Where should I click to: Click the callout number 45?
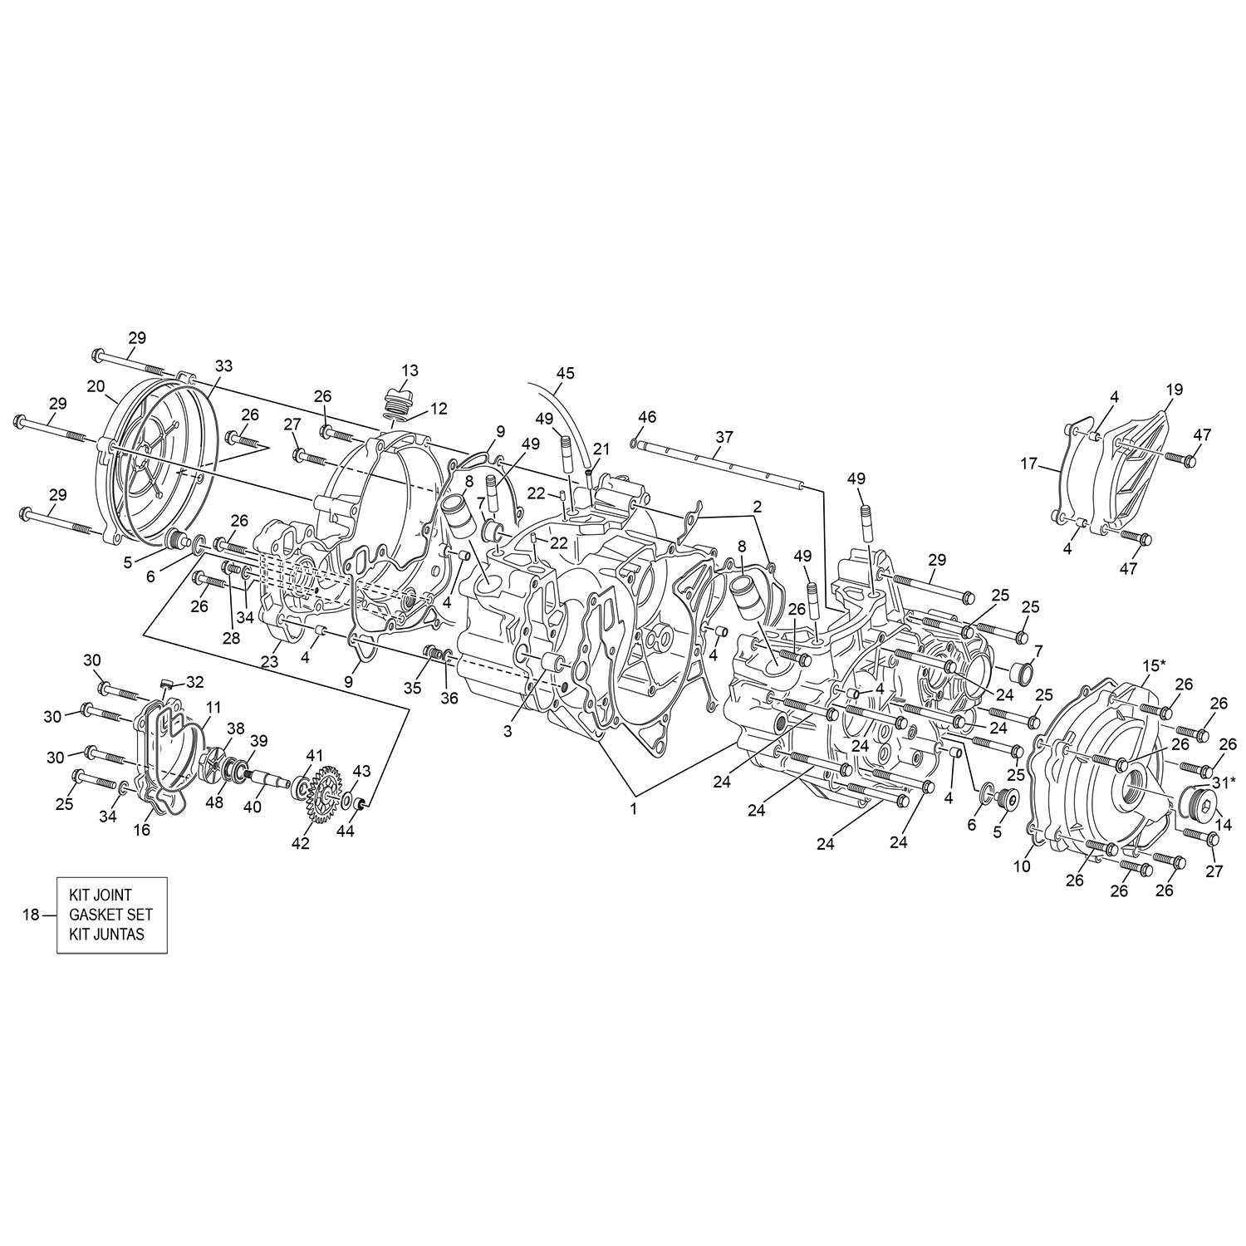(565, 374)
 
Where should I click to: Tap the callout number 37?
(724, 437)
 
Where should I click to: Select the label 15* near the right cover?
(1154, 666)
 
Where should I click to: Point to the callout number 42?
(301, 843)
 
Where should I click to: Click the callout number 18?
(31, 915)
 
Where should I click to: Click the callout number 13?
(410, 370)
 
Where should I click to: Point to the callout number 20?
(96, 386)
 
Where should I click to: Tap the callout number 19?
(1174, 390)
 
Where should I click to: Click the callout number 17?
(1030, 464)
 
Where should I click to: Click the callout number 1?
(633, 810)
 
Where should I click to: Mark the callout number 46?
(647, 416)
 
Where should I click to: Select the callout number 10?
(1021, 866)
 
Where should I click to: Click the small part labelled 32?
(165, 684)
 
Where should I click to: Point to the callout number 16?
(143, 829)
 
